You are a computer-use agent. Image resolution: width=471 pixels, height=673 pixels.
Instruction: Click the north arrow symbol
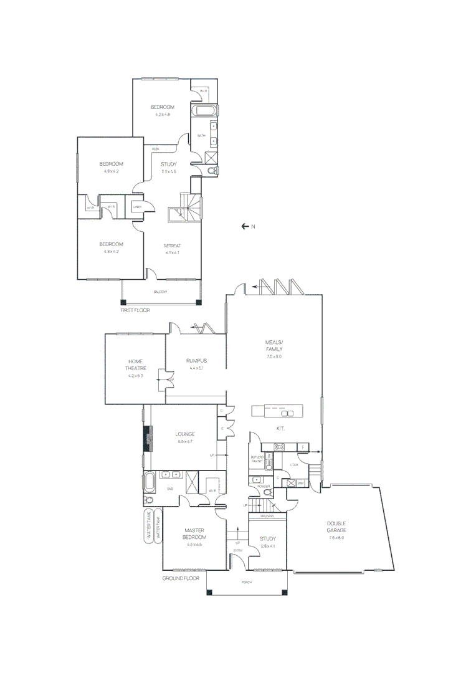point(245,226)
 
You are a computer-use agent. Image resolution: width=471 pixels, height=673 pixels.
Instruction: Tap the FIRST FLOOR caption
point(135,310)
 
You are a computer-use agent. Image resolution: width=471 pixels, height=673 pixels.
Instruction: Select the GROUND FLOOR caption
point(181,578)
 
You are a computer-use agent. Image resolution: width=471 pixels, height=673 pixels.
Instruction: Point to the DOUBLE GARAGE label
point(336,527)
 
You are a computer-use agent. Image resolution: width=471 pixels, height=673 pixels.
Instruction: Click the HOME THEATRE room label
point(135,365)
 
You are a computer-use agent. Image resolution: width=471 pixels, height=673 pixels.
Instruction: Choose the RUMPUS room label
point(196,361)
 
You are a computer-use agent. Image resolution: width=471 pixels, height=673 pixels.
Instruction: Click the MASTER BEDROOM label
point(194,533)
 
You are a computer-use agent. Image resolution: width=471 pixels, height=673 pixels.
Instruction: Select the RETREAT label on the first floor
point(173,246)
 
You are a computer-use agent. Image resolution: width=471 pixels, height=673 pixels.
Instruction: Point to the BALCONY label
point(161,292)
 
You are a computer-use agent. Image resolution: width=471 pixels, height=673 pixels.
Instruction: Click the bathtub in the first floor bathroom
point(205,112)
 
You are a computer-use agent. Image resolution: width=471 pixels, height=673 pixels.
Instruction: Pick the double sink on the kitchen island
point(288,413)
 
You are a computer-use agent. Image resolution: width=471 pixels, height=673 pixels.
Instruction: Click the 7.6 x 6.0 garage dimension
point(336,538)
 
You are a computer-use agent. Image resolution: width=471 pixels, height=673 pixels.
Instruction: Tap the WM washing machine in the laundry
point(299,483)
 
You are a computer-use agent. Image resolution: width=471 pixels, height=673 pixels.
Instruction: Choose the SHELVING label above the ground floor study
point(267,516)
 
